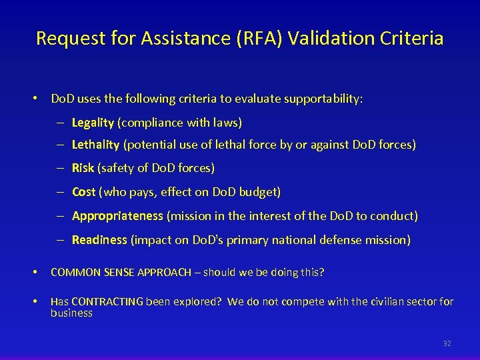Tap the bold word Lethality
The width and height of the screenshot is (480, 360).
pos(95,144)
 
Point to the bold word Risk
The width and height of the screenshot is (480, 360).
pos(83,168)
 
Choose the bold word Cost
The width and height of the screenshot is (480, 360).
pos(84,192)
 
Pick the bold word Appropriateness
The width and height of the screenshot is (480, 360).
pos(117,216)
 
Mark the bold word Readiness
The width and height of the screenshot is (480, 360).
pos(99,240)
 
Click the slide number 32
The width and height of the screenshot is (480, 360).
pos(447,343)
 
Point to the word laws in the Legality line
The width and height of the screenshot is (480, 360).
pos(227,123)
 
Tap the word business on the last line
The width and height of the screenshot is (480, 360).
pos(71,313)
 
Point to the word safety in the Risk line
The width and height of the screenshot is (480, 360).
pos(118,168)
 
